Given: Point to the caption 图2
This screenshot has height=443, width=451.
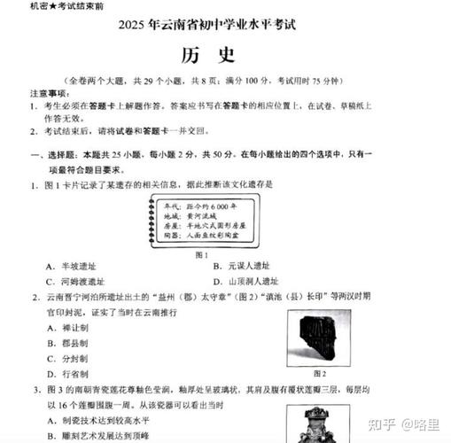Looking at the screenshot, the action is [320, 372].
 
